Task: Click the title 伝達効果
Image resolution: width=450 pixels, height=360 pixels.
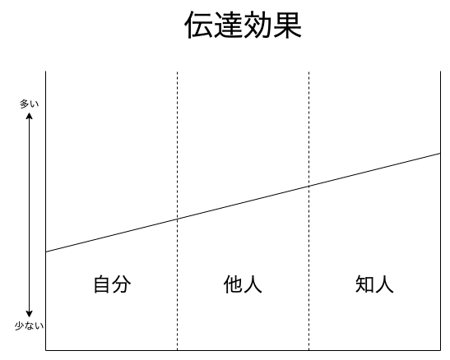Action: pos(243,25)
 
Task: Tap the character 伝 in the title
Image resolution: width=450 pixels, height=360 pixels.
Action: pos(199,25)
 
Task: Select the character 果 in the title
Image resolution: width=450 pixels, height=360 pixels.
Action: pos(287,25)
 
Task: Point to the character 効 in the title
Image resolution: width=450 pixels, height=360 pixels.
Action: pos(257,25)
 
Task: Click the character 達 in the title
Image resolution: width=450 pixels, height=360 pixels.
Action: pos(229,25)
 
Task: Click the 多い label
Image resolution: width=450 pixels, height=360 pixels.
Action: pos(29,104)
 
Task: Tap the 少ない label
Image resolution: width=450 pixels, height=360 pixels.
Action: pos(29,326)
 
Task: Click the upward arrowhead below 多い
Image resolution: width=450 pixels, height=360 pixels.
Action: pos(29,116)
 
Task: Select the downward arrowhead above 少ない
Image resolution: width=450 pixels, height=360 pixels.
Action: pos(29,314)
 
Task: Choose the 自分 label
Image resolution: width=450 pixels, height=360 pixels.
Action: pos(112,284)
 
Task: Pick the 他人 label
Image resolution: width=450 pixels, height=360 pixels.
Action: pos(243,284)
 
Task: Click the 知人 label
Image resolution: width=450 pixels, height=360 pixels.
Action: pos(374,284)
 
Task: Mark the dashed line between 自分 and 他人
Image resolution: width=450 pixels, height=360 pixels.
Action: pos(177,210)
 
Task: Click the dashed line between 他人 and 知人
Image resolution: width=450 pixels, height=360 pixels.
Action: pos(309,210)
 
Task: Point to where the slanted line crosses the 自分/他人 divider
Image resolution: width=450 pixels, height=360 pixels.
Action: pos(177,219)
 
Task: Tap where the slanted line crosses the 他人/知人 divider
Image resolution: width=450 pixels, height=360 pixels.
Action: pos(309,187)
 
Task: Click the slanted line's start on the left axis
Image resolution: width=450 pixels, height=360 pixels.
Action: pos(46,252)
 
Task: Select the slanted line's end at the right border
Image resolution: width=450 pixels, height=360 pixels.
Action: pos(440,154)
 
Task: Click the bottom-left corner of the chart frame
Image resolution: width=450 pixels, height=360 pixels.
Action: pos(46,350)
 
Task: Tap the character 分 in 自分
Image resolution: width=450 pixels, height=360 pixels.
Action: pos(122,284)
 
